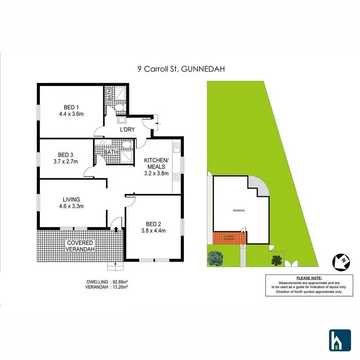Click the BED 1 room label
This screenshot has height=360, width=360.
point(71,107)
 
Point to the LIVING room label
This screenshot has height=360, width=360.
point(71,199)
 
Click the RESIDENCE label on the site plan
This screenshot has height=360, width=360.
point(239,211)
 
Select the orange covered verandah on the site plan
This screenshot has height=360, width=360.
point(229,238)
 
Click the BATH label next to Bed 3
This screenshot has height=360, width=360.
point(111,153)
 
